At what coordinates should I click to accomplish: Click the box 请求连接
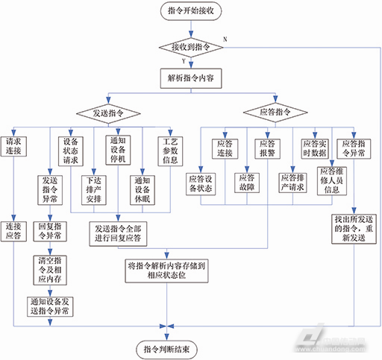15,146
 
